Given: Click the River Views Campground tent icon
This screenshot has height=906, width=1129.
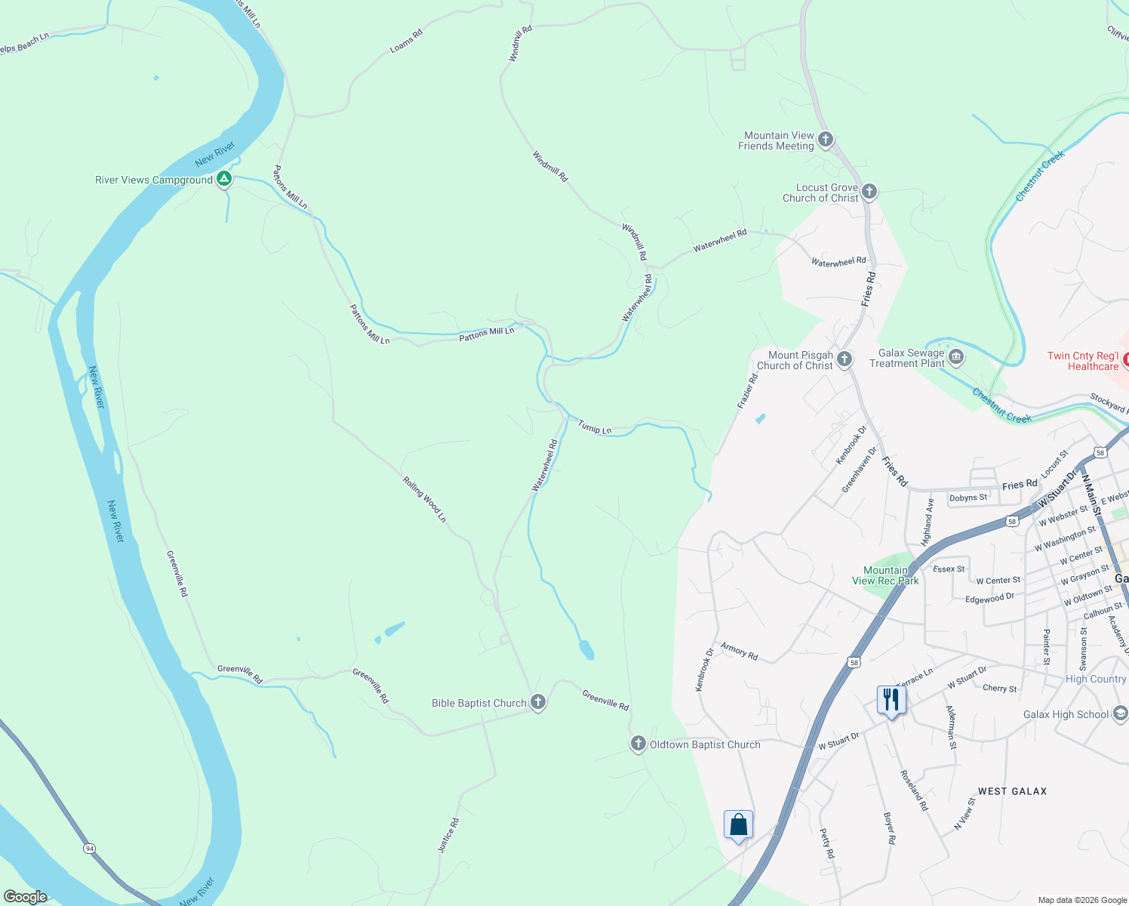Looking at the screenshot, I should [x=223, y=179].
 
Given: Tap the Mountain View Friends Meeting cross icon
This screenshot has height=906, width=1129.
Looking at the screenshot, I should [x=826, y=140].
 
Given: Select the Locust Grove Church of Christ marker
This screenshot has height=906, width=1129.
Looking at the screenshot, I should [x=869, y=192].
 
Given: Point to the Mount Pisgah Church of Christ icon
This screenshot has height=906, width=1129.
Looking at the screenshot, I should [x=844, y=359].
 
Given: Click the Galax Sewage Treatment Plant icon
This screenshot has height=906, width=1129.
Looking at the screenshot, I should [x=956, y=357].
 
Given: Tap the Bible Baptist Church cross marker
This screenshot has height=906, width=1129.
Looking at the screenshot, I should [x=538, y=702].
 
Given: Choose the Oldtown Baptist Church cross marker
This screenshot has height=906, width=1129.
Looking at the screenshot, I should [x=638, y=744].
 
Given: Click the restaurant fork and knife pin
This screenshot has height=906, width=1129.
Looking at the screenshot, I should [x=891, y=700].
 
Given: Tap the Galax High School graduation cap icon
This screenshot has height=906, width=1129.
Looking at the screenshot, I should [x=1120, y=713].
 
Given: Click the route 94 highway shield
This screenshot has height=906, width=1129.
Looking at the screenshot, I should [x=90, y=849].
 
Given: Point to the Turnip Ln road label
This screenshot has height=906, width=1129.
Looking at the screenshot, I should [x=595, y=427].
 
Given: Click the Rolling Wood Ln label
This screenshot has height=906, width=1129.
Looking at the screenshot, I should [x=424, y=499].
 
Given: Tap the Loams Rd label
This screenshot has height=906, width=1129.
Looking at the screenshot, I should [x=406, y=41].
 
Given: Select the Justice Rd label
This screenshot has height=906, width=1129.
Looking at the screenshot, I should [x=448, y=835].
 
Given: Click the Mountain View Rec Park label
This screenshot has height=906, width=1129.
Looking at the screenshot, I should [x=885, y=575].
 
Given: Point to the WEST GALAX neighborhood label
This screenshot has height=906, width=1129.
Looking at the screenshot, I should [x=1012, y=791].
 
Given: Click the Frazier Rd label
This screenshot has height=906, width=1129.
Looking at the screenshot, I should [x=747, y=391].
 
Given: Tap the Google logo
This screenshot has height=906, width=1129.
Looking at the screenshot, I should [x=25, y=897].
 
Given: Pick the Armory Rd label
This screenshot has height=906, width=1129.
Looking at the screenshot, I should [x=739, y=651].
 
